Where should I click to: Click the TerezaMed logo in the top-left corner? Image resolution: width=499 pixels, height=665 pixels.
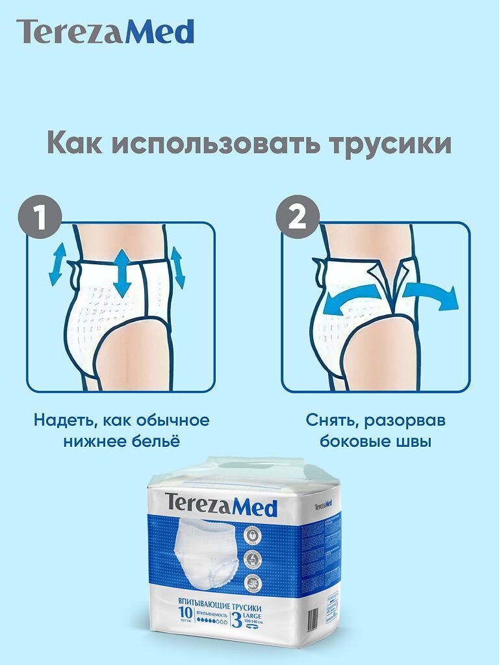click(105, 32)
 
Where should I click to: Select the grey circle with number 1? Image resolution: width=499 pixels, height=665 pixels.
click(40, 218)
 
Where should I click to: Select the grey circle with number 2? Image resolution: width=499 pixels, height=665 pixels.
click(297, 218)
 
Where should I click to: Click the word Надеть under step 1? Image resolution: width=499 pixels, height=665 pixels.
click(63, 420)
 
